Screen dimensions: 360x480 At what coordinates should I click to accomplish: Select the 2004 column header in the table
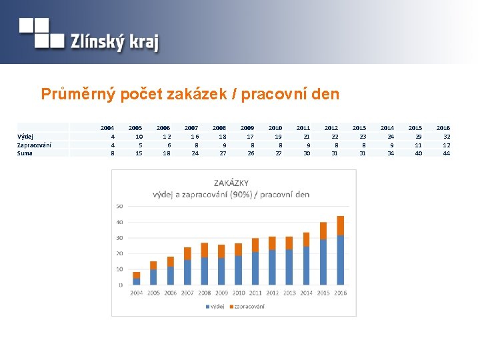pos(107,127)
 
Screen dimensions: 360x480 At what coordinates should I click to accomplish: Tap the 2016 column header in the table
pos(443,127)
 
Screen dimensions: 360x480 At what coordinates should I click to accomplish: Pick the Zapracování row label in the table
pos(34,145)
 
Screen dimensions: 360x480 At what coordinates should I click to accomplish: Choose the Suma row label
pos(25,153)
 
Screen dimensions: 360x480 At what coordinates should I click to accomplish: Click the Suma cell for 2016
pos(446,153)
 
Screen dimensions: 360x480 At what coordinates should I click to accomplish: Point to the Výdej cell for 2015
pos(418,136)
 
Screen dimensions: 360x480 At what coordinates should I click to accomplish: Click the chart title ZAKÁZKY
pos(231,183)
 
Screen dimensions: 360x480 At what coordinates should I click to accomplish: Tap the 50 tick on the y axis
pos(119,206)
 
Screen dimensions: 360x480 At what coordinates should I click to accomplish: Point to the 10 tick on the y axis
pos(119,269)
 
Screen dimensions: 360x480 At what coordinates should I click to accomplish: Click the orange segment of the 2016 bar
pos(341,225)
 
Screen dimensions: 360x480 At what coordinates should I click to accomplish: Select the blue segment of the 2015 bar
pos(323,261)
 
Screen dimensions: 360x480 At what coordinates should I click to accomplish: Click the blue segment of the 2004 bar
pos(137,281)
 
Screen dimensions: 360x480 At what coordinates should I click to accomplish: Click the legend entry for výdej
pos(215,307)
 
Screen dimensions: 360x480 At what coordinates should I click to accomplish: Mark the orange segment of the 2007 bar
pos(187,253)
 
